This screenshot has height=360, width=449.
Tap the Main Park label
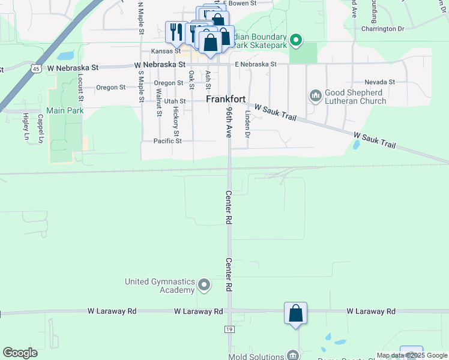(64, 110)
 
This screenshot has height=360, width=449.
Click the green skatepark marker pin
(295, 41)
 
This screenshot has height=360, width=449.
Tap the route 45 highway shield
(37, 69)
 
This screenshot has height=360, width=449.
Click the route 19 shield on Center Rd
(229, 329)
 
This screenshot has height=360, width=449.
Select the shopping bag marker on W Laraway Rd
(295, 313)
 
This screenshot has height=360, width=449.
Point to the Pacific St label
(167, 141)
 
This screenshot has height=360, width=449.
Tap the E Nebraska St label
(256, 64)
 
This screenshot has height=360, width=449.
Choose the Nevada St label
(379, 82)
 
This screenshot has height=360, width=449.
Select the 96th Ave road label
(229, 124)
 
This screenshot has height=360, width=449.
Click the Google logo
(20, 353)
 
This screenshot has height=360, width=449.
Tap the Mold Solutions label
(254, 356)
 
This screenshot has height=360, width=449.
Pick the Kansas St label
(166, 51)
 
